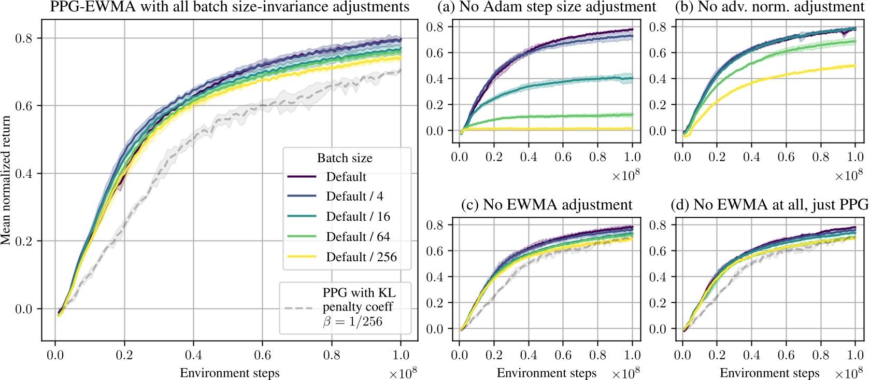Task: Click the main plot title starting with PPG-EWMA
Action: (x=230, y=7)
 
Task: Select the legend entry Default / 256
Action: (x=361, y=257)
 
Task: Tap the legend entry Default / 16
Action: (x=358, y=217)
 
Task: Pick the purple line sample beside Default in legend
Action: (x=302, y=177)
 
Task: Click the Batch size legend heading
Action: (x=345, y=158)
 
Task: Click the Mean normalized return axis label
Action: (x=6, y=180)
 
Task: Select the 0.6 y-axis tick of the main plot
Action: (x=23, y=106)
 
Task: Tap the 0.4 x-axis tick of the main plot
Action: (x=193, y=355)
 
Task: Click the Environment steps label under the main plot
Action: (x=230, y=373)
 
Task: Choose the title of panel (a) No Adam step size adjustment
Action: (x=547, y=7)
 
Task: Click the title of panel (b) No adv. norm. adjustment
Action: (x=770, y=7)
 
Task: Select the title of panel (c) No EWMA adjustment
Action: (x=547, y=205)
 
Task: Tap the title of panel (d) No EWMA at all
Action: (x=770, y=205)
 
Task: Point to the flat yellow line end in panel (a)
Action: (x=632, y=129)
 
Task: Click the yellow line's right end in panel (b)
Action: (x=854, y=65)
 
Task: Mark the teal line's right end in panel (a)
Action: (x=632, y=78)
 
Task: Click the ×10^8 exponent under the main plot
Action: (x=403, y=374)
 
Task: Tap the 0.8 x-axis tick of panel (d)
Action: (x=820, y=355)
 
